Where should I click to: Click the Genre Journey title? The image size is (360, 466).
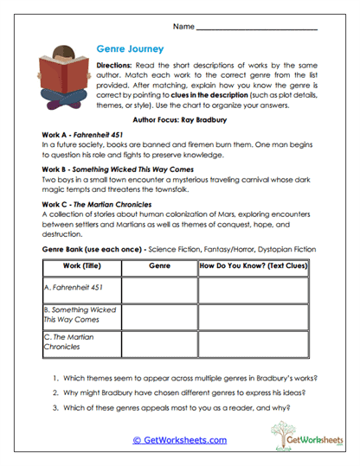point(130,49)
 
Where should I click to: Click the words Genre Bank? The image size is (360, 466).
point(66,247)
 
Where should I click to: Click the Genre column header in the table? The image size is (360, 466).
point(160,267)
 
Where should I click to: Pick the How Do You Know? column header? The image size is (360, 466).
point(255,267)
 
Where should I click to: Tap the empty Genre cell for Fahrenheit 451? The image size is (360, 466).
point(160,290)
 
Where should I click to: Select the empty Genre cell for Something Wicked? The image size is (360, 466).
point(160,316)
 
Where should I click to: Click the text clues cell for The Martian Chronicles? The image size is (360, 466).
point(255,342)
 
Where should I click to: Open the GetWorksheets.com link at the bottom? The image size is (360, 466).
point(179,440)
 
